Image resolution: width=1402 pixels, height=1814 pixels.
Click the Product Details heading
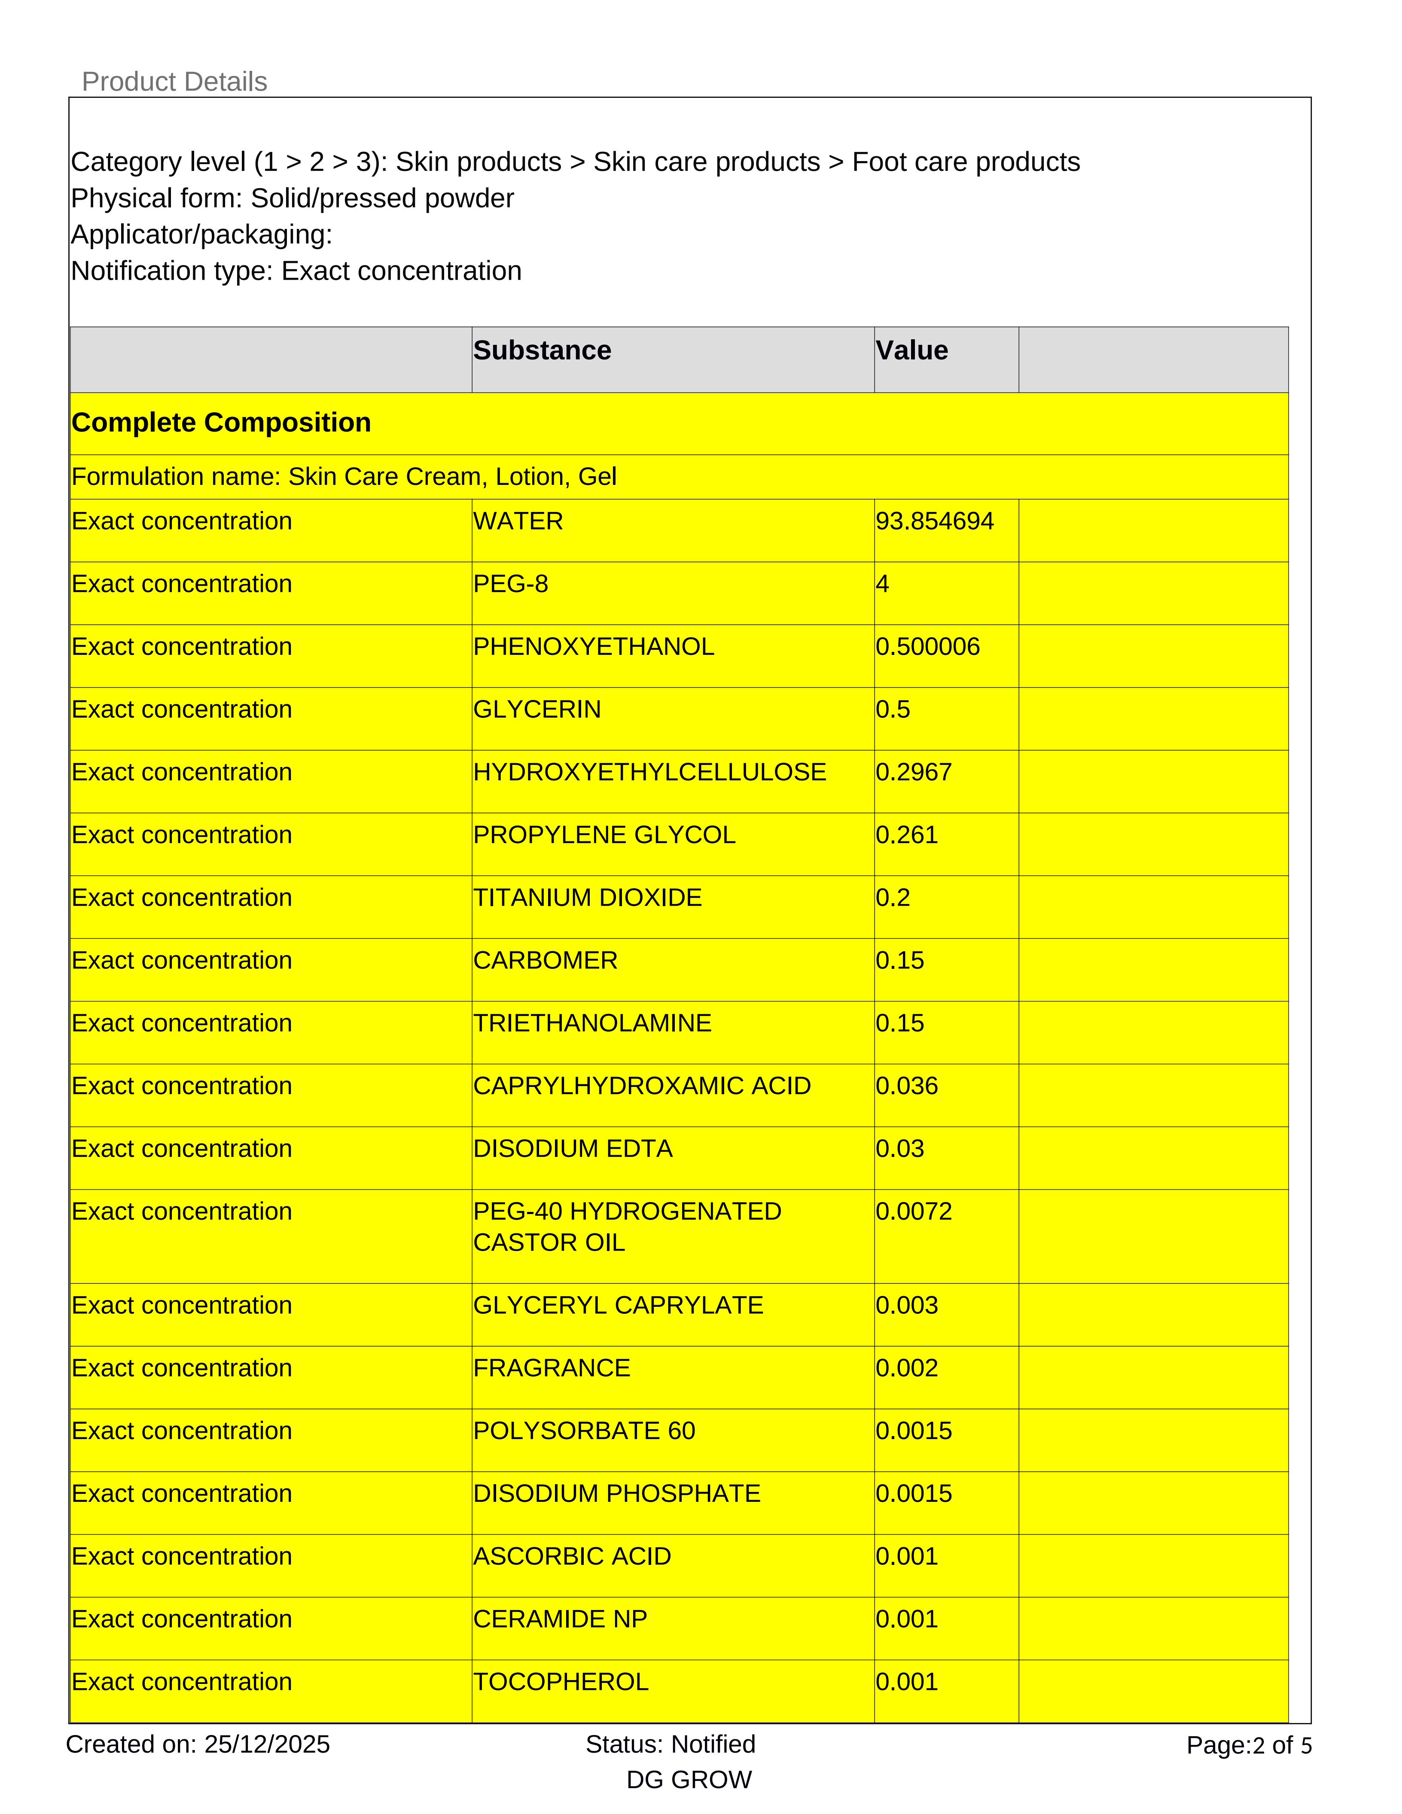coord(174,82)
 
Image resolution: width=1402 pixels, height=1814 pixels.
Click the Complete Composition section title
coord(221,423)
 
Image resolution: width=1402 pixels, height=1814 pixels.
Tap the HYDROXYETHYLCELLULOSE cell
coord(649,773)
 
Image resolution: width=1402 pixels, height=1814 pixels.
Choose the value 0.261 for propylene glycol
coord(906,835)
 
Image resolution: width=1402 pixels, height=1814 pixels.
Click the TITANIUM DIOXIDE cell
coord(587,898)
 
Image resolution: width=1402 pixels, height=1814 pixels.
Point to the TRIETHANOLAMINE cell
coord(592,1023)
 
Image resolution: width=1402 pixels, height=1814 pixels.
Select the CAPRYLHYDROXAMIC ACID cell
coord(641,1087)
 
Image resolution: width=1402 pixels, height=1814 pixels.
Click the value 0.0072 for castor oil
coord(914,1212)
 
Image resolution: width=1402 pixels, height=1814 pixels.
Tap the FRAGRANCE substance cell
coord(552,1368)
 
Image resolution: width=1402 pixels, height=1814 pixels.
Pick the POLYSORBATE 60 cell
coord(584,1431)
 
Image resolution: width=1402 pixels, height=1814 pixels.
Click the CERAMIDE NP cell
coord(560,1619)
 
